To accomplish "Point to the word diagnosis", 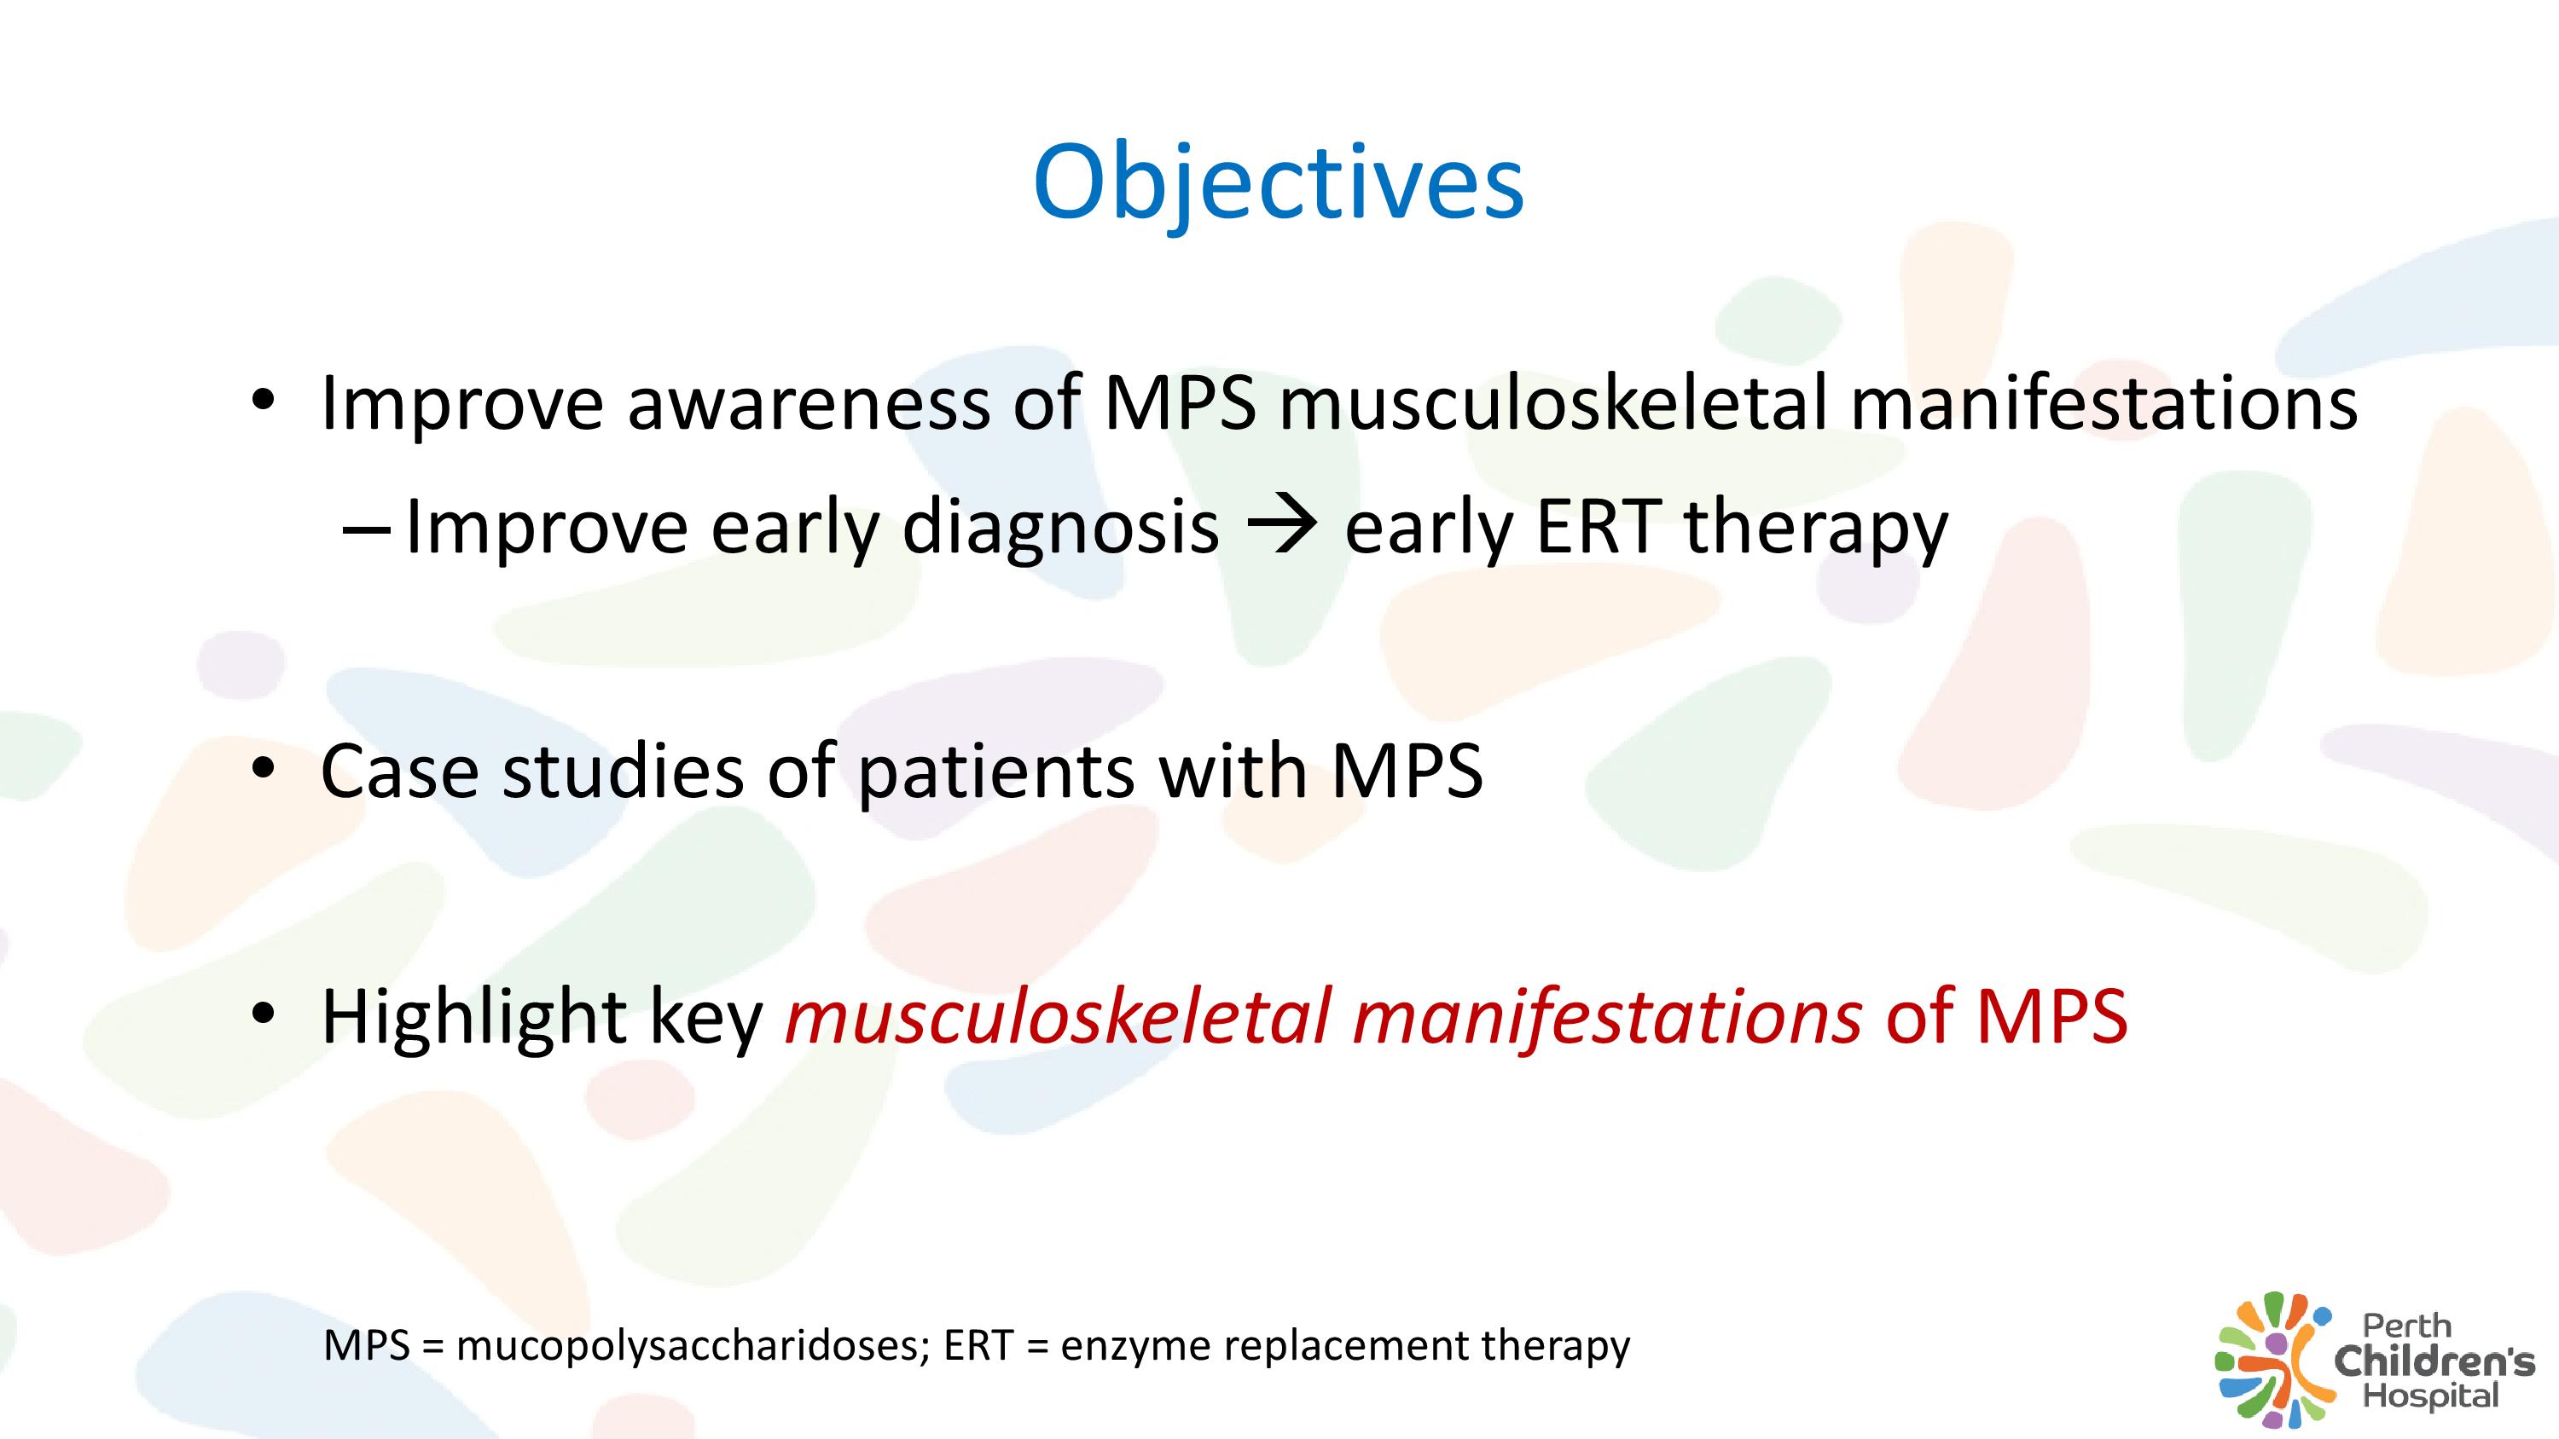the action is point(1060,528).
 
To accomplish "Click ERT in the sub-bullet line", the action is point(1598,525).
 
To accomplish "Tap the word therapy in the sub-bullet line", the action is point(1815,528).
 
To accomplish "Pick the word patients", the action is point(995,773).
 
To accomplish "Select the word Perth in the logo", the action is point(2407,1326).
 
